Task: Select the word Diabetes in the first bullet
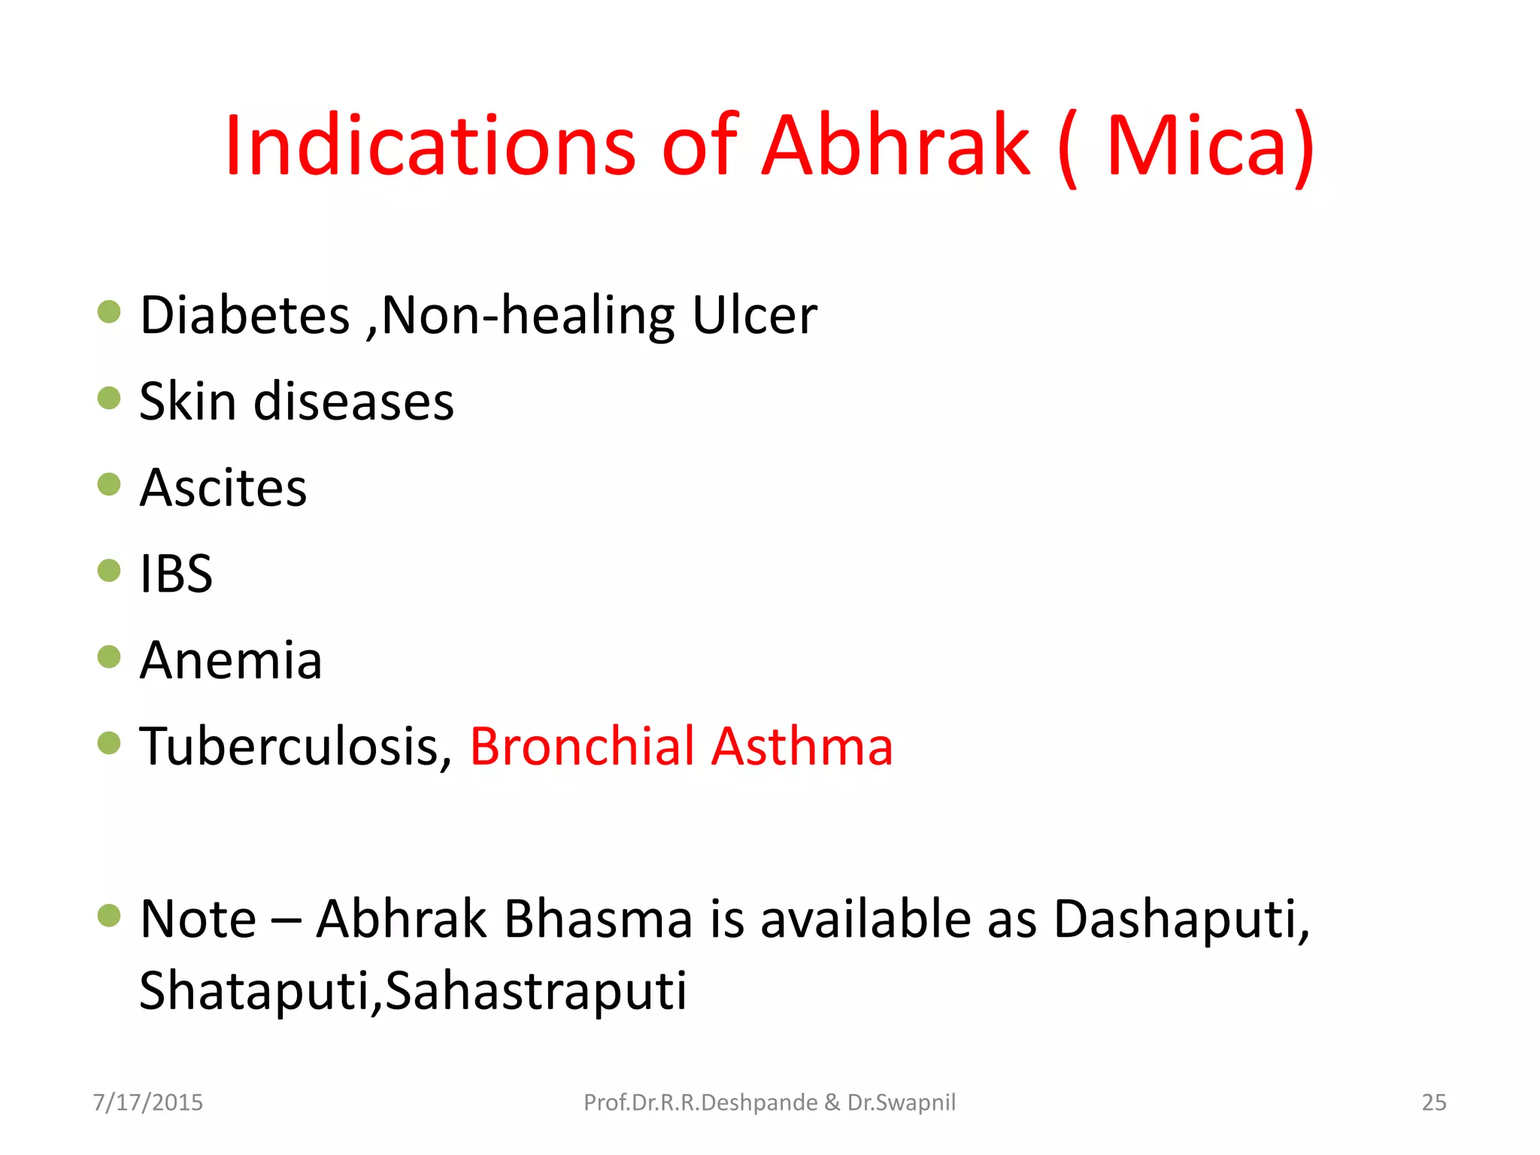(245, 315)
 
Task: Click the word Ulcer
(754, 315)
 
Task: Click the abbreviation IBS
(177, 574)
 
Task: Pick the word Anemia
(231, 660)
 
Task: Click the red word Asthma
(802, 747)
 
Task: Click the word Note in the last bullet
(199, 919)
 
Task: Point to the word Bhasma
(598, 919)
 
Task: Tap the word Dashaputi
(1181, 919)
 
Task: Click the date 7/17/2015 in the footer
(148, 1102)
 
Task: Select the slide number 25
(1434, 1102)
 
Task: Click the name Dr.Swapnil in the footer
(902, 1102)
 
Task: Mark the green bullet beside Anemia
(109, 656)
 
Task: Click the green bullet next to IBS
(109, 570)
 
